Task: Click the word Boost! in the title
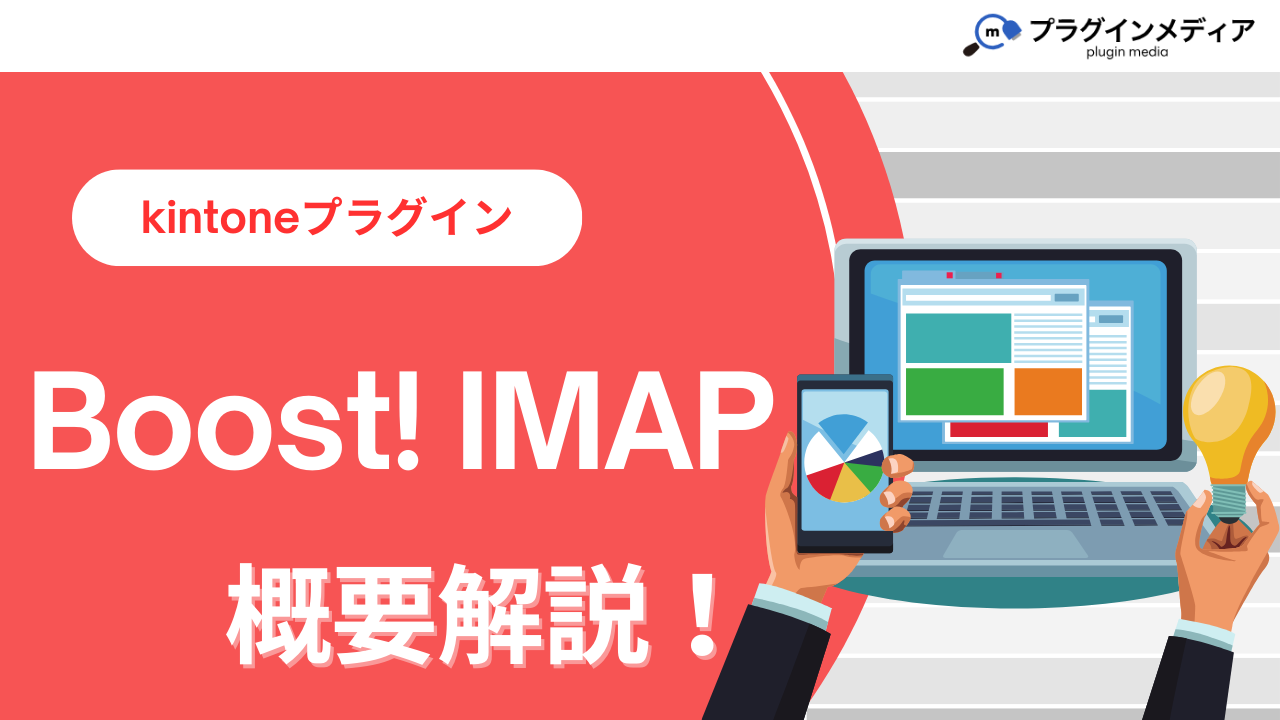click(226, 421)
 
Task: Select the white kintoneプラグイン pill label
click(327, 218)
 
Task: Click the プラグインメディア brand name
click(1142, 30)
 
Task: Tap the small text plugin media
click(1127, 52)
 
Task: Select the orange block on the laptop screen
click(1048, 391)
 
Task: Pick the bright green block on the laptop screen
click(955, 391)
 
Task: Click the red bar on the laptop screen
click(999, 430)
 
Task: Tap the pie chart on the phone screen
click(844, 458)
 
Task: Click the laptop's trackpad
click(1015, 543)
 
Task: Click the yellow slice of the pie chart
click(849, 486)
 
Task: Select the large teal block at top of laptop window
click(958, 338)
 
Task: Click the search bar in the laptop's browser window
click(978, 298)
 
